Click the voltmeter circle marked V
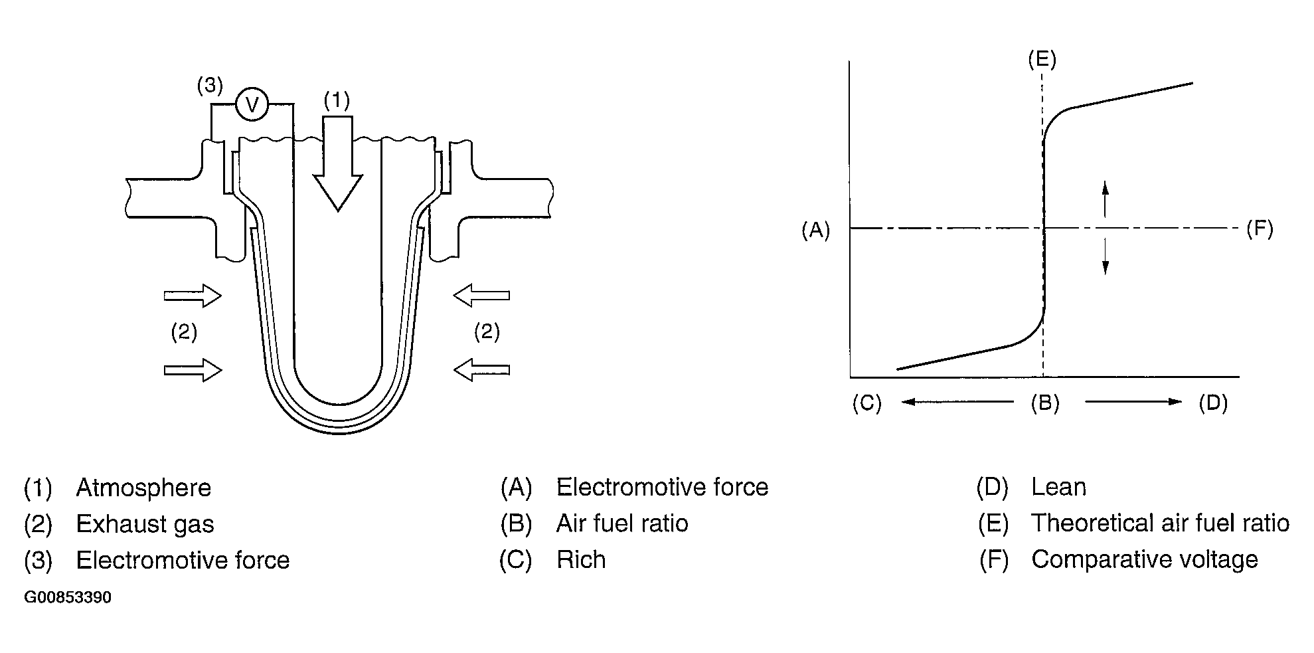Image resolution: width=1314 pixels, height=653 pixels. coord(252,104)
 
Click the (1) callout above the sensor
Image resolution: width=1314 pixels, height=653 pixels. coord(337,100)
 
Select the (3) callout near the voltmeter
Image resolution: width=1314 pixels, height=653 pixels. coord(210,85)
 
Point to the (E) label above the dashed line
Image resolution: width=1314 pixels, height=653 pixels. coord(1041,60)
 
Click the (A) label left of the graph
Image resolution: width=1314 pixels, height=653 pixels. coord(815,230)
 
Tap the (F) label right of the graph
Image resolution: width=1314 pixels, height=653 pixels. coord(1259,229)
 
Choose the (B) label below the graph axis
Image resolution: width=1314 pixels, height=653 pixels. coord(1044,403)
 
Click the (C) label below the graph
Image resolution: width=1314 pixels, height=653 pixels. coord(866,403)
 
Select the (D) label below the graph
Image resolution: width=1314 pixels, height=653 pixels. coord(1212,403)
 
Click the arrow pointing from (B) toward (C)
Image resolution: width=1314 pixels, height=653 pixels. coord(957,402)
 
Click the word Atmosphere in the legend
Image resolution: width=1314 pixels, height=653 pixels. coord(143,488)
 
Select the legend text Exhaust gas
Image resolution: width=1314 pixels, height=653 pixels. coord(145,524)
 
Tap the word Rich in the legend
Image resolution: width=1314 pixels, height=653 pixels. coord(581,560)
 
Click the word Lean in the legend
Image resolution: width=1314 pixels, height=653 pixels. coord(1058,488)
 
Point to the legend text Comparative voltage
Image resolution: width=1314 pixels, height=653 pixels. coord(1144,560)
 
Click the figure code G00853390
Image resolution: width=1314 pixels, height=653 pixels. coord(68,597)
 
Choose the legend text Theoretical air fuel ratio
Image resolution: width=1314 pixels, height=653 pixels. coord(1160,523)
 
